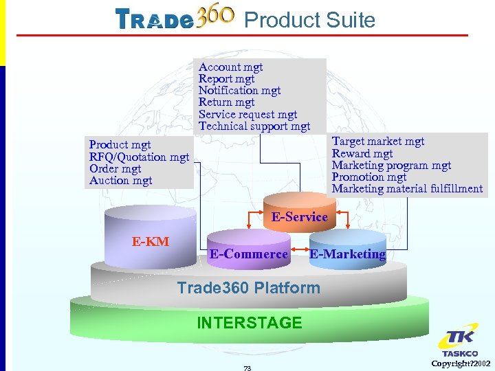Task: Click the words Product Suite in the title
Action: (309, 20)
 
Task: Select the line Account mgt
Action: (230, 67)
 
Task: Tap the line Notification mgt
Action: (239, 91)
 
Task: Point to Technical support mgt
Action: (254, 126)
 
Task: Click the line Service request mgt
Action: (247, 115)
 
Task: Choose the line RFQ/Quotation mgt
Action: (139, 157)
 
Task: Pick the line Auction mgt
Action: (120, 181)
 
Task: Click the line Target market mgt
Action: (378, 142)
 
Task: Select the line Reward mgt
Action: (362, 154)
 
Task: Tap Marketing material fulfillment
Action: (407, 189)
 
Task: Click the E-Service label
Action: (299, 217)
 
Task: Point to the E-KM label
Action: (151, 241)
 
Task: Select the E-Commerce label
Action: (249, 254)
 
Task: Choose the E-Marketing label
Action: (347, 254)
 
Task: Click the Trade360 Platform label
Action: (248, 288)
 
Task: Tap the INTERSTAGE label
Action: (249, 322)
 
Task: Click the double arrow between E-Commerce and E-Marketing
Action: (300, 248)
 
